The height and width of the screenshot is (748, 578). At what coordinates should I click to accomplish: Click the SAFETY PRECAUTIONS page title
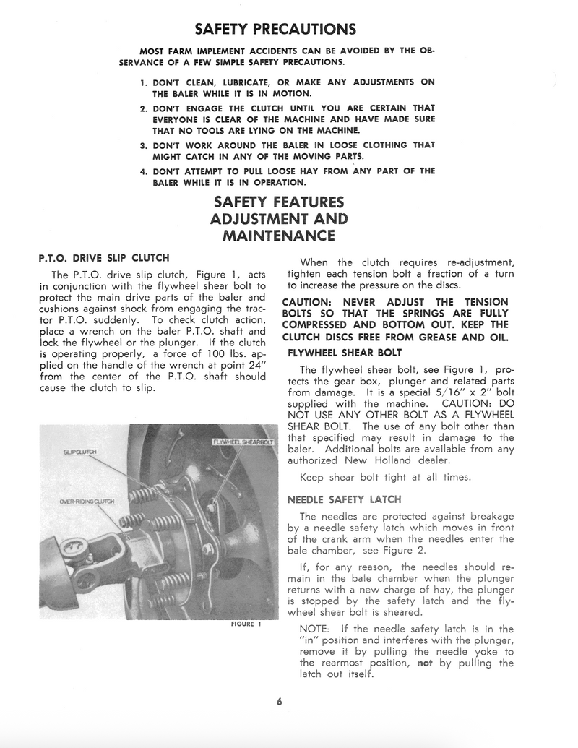pos(276,30)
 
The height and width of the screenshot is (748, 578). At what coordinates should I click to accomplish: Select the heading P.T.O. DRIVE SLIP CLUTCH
pos(103,257)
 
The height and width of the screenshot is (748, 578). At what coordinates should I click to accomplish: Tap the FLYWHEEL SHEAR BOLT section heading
pos(345,353)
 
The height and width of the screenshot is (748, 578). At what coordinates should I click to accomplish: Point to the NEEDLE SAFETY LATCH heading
pos(344,499)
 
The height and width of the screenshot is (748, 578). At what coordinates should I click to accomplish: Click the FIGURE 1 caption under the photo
pos(246,624)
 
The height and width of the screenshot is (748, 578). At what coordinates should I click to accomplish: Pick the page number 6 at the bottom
pos(279,701)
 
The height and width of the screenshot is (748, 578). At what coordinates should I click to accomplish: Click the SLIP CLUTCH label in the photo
pos(80,452)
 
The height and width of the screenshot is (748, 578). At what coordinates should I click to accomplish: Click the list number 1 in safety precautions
pos(143,82)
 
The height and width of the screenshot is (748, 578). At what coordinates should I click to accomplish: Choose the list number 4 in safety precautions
pos(143,171)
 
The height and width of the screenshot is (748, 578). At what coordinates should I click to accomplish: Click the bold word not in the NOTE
pos(425,663)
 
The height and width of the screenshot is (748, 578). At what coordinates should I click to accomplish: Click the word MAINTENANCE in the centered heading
pos(279,236)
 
